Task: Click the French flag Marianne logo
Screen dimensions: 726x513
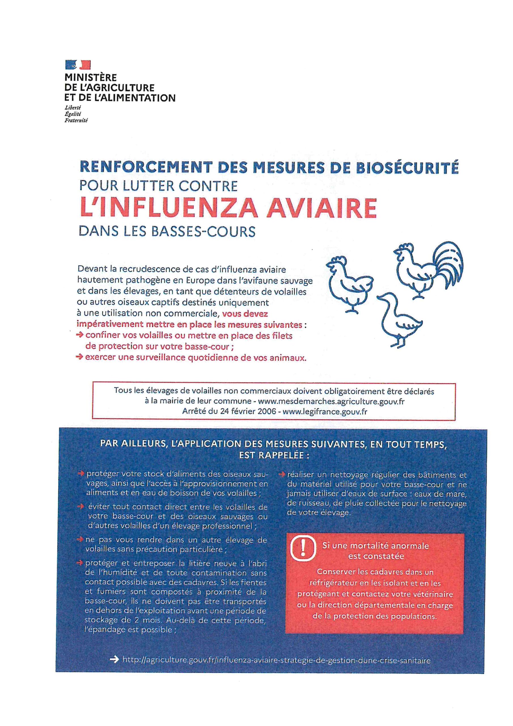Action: coord(78,65)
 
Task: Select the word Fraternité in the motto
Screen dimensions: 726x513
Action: coord(76,120)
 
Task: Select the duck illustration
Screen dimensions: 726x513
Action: coord(400,319)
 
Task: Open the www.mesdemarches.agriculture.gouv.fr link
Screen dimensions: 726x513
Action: coord(331,402)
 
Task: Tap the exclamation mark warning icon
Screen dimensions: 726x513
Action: coord(303,549)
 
